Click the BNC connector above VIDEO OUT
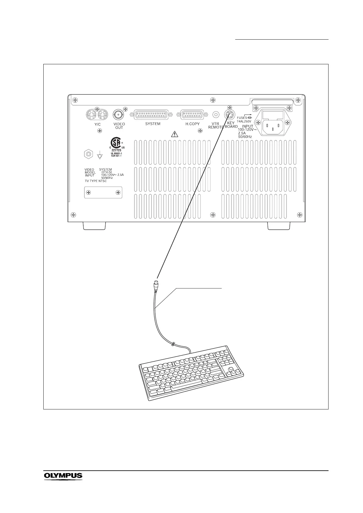(x=118, y=115)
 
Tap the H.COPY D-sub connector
(x=192, y=115)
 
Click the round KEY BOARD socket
(x=229, y=115)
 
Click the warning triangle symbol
(x=174, y=134)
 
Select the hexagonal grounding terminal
(x=88, y=154)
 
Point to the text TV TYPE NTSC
(x=96, y=181)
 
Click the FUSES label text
(x=242, y=118)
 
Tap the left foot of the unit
(x=94, y=226)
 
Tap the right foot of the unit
(x=279, y=226)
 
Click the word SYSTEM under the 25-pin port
(x=153, y=124)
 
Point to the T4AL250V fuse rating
(x=244, y=121)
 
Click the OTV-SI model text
(x=106, y=172)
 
